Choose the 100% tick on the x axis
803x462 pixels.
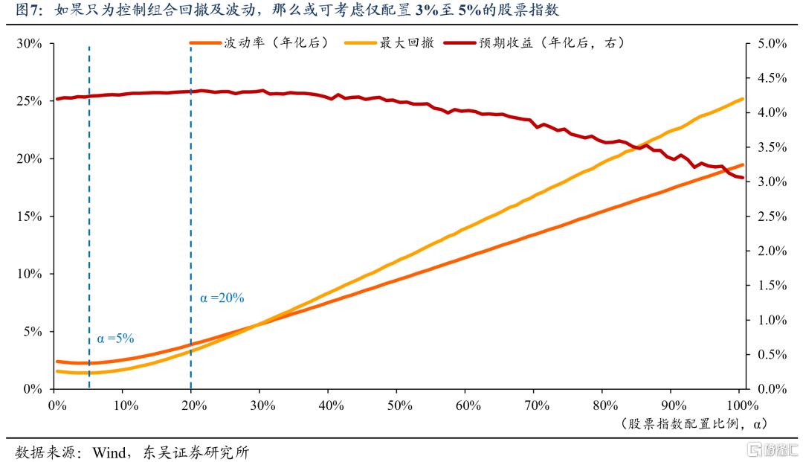pos(740,405)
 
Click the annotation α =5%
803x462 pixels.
pos(115,339)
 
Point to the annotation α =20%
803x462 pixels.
pos(222,298)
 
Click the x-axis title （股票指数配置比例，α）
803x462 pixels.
pos(689,423)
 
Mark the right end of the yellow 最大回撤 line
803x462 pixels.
pos(742,98)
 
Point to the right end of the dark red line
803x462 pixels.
pos(742,177)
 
